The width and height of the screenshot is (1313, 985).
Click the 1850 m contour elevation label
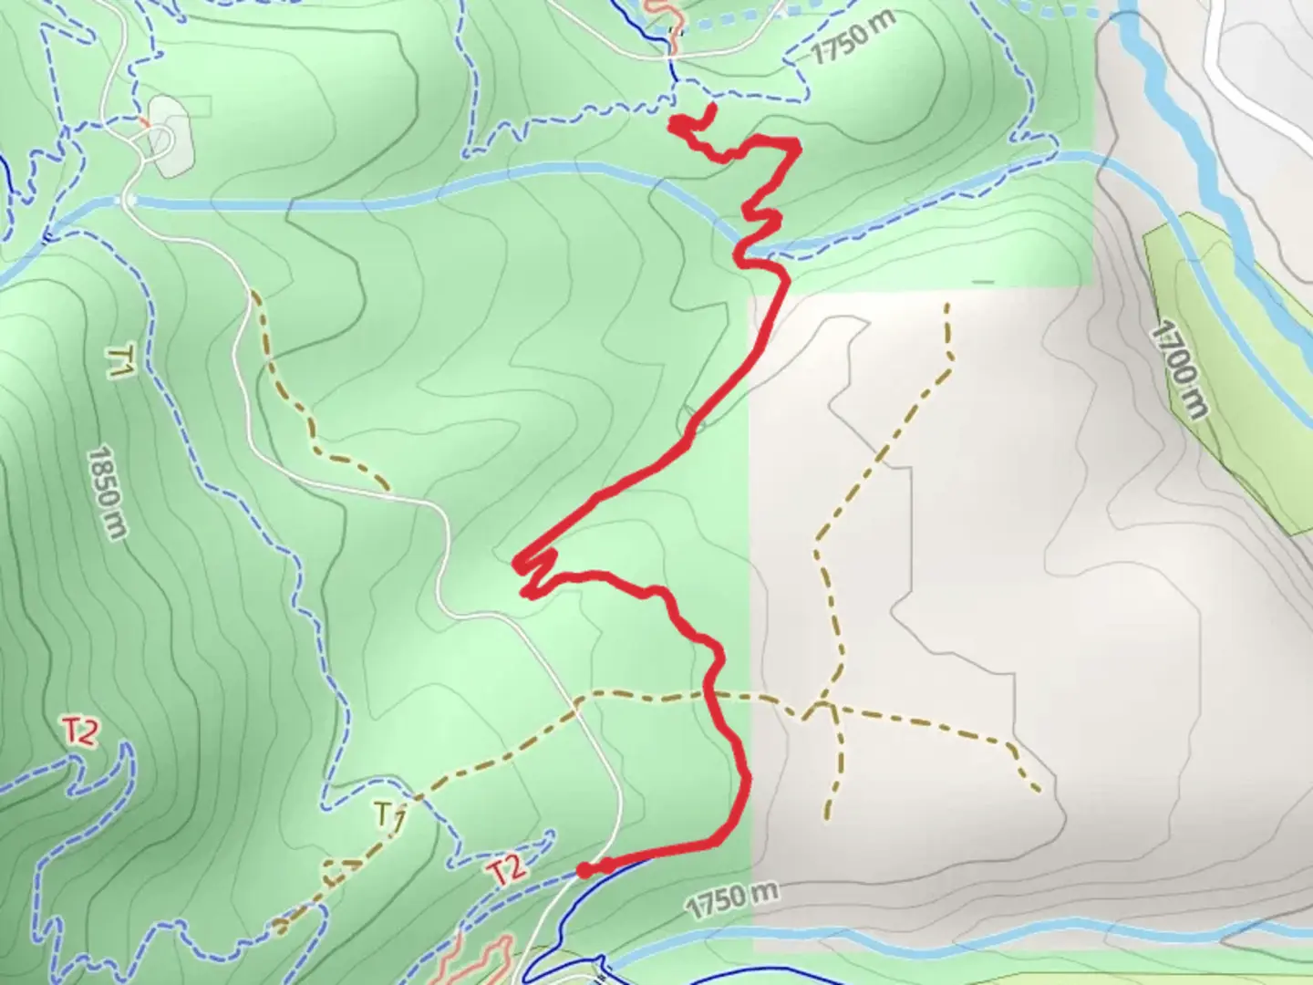107,492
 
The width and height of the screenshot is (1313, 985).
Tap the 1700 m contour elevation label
1182,368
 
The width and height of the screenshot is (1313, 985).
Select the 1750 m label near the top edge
853,38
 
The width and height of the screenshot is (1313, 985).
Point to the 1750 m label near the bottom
732,901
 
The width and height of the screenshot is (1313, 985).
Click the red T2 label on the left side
80,732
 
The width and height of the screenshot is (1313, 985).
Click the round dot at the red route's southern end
584,869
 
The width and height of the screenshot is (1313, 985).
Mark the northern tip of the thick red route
710,109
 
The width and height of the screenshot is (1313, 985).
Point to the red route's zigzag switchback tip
517,564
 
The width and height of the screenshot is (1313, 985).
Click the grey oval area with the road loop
169,135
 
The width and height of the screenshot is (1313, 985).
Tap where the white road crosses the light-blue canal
127,200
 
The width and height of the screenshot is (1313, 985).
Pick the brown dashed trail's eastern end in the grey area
1039,790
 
